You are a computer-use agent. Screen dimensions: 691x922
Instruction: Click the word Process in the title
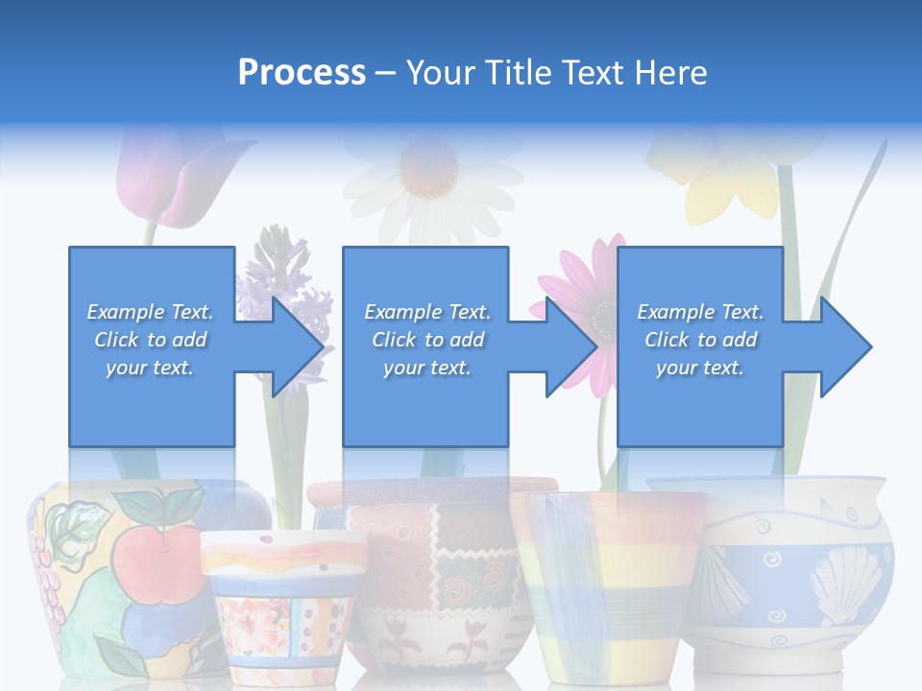tap(302, 72)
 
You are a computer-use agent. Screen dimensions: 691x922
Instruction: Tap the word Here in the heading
tap(669, 72)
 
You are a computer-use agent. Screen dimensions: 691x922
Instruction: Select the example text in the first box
tap(151, 340)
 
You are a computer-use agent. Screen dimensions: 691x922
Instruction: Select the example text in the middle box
tap(427, 340)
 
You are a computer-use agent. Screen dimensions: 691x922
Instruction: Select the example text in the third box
tap(700, 340)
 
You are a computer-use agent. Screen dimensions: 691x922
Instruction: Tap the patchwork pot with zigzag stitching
tap(432, 576)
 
